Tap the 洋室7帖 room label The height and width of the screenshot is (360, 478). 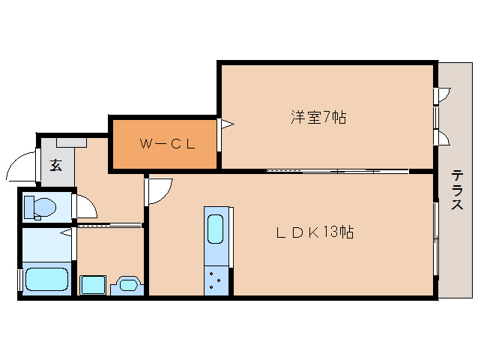click(x=318, y=117)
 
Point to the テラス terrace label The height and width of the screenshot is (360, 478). click(x=456, y=191)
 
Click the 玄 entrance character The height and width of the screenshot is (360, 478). click(x=56, y=166)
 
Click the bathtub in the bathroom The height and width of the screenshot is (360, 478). click(x=47, y=280)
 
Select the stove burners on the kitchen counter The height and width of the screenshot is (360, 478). click(x=216, y=280)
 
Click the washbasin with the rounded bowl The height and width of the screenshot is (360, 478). click(x=125, y=286)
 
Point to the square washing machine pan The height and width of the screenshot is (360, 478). click(x=92, y=285)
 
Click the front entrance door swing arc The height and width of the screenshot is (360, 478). click(x=23, y=164)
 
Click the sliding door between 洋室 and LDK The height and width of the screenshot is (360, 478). click(x=337, y=171)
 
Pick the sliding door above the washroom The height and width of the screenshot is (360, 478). click(x=109, y=224)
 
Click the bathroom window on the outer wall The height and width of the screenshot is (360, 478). click(x=20, y=279)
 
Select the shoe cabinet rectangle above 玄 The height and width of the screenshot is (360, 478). click(x=71, y=141)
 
